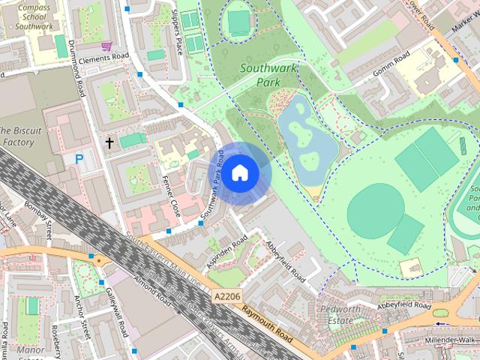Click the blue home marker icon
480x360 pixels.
(238, 173)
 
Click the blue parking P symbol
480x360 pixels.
(79, 158)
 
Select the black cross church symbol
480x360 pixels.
(109, 142)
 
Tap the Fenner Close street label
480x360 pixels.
(171, 196)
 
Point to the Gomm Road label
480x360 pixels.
(391, 65)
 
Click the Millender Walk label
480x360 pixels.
(454, 340)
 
